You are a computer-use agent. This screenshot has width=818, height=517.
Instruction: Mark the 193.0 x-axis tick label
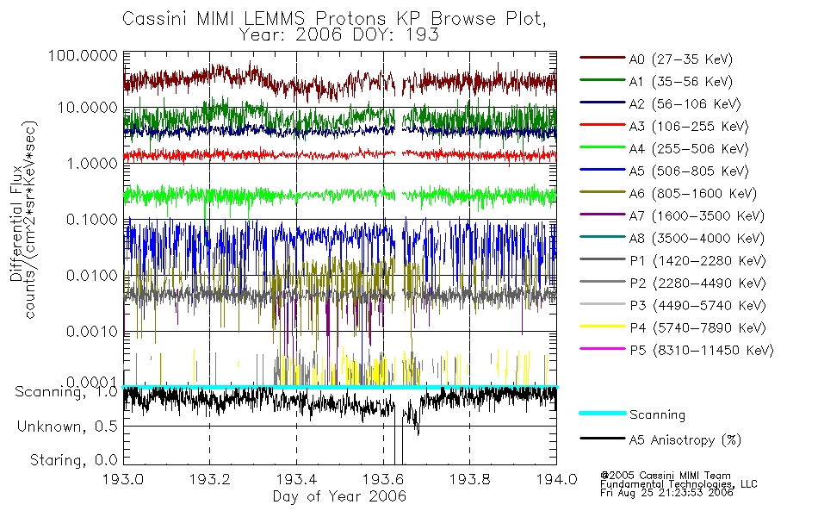(124, 481)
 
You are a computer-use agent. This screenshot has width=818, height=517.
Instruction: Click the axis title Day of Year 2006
(339, 497)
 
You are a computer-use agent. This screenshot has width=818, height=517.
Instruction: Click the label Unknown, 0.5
(68, 427)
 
